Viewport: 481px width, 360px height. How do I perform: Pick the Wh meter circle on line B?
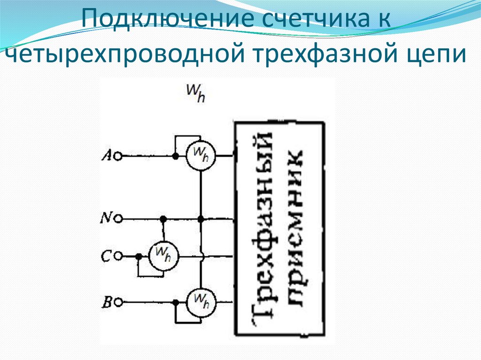(x=200, y=302)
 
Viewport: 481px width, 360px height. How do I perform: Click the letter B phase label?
(x=107, y=302)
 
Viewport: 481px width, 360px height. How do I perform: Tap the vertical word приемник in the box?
(x=294, y=228)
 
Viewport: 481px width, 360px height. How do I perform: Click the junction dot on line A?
(x=175, y=156)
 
